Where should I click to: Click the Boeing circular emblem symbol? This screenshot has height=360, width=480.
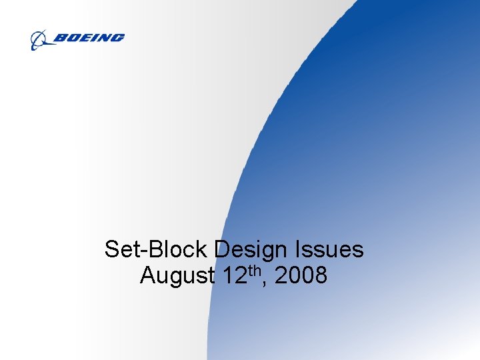(x=39, y=40)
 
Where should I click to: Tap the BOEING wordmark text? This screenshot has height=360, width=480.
(x=88, y=39)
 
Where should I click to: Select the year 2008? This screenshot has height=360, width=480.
(x=301, y=275)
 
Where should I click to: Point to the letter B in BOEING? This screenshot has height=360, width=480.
(x=59, y=39)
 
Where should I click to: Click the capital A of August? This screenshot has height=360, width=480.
(x=149, y=275)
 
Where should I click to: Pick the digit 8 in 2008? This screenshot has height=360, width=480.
(x=320, y=275)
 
